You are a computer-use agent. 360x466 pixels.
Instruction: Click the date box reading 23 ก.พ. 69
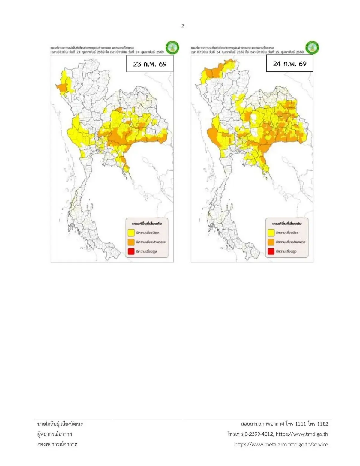point(150,64)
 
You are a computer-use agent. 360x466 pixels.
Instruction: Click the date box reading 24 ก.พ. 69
point(289,64)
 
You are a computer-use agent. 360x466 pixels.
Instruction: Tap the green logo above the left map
point(172,47)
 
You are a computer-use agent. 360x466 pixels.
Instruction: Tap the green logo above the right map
point(312,47)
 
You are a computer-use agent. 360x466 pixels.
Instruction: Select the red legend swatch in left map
point(131,251)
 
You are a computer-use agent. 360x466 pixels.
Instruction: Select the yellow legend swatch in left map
point(131,233)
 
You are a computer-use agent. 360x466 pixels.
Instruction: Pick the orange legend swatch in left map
point(131,242)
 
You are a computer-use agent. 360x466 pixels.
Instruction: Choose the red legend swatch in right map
point(271,251)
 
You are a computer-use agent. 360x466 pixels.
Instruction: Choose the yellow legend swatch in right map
point(271,233)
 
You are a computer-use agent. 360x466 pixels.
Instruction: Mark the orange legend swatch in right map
point(271,242)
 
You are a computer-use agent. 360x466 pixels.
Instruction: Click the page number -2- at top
point(183,26)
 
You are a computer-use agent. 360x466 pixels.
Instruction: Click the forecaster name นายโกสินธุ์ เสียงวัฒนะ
point(60,424)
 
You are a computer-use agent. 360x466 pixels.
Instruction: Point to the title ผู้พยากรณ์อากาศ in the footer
point(55,434)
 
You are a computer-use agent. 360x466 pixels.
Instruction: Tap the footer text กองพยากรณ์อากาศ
point(57,444)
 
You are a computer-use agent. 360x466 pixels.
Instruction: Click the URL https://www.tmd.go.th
point(302,434)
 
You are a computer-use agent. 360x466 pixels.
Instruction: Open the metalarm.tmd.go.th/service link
point(281,444)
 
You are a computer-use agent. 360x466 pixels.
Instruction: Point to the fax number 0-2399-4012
point(259,434)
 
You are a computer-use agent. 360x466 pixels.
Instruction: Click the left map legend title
point(147,224)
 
